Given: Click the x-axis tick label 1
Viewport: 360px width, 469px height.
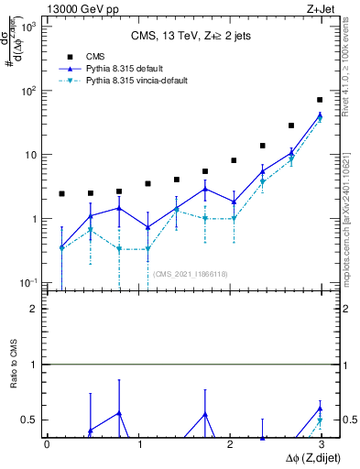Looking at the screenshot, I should pos(137,444).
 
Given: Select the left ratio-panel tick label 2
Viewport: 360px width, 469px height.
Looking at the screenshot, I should pos(33,310).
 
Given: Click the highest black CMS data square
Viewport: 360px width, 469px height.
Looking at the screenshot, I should pos(319,100).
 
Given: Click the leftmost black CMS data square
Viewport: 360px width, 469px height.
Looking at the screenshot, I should pos(61,194).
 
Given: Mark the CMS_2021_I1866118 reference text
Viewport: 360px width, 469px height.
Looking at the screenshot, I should pos(190,274).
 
